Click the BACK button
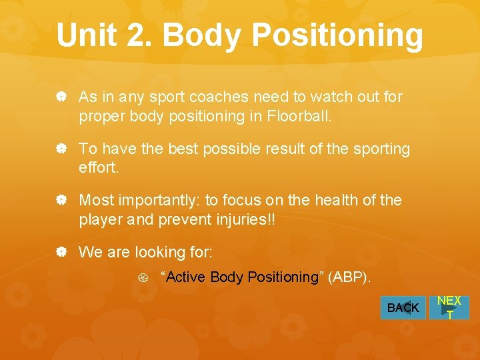click(403, 307)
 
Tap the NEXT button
click(449, 307)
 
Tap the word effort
click(99, 168)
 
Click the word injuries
click(247, 219)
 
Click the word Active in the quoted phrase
click(185, 277)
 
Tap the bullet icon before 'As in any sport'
click(61, 97)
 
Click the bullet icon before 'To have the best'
click(61, 149)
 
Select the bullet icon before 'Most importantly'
click(61, 201)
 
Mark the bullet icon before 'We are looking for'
click(61, 253)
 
